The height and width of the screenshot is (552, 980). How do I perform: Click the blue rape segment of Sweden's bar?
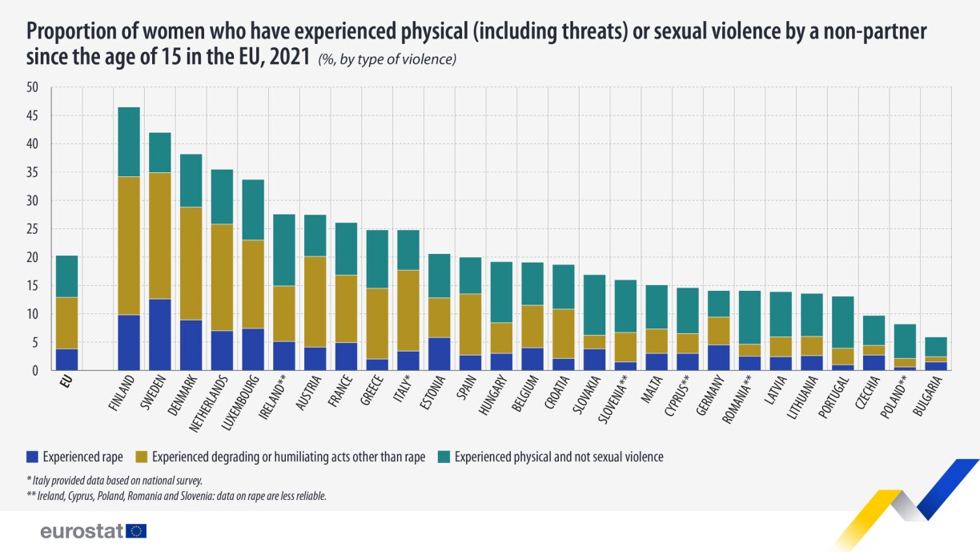coord(160,335)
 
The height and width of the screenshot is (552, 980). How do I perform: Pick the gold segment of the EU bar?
coord(66,323)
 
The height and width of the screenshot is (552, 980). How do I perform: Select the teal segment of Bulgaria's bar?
coord(930,346)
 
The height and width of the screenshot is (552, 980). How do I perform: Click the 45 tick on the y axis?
coord(32,116)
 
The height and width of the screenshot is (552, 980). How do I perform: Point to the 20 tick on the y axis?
coord(32,258)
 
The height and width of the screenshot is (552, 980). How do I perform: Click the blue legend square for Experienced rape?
coord(34,457)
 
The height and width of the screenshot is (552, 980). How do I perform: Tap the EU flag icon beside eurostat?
coord(137,530)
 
